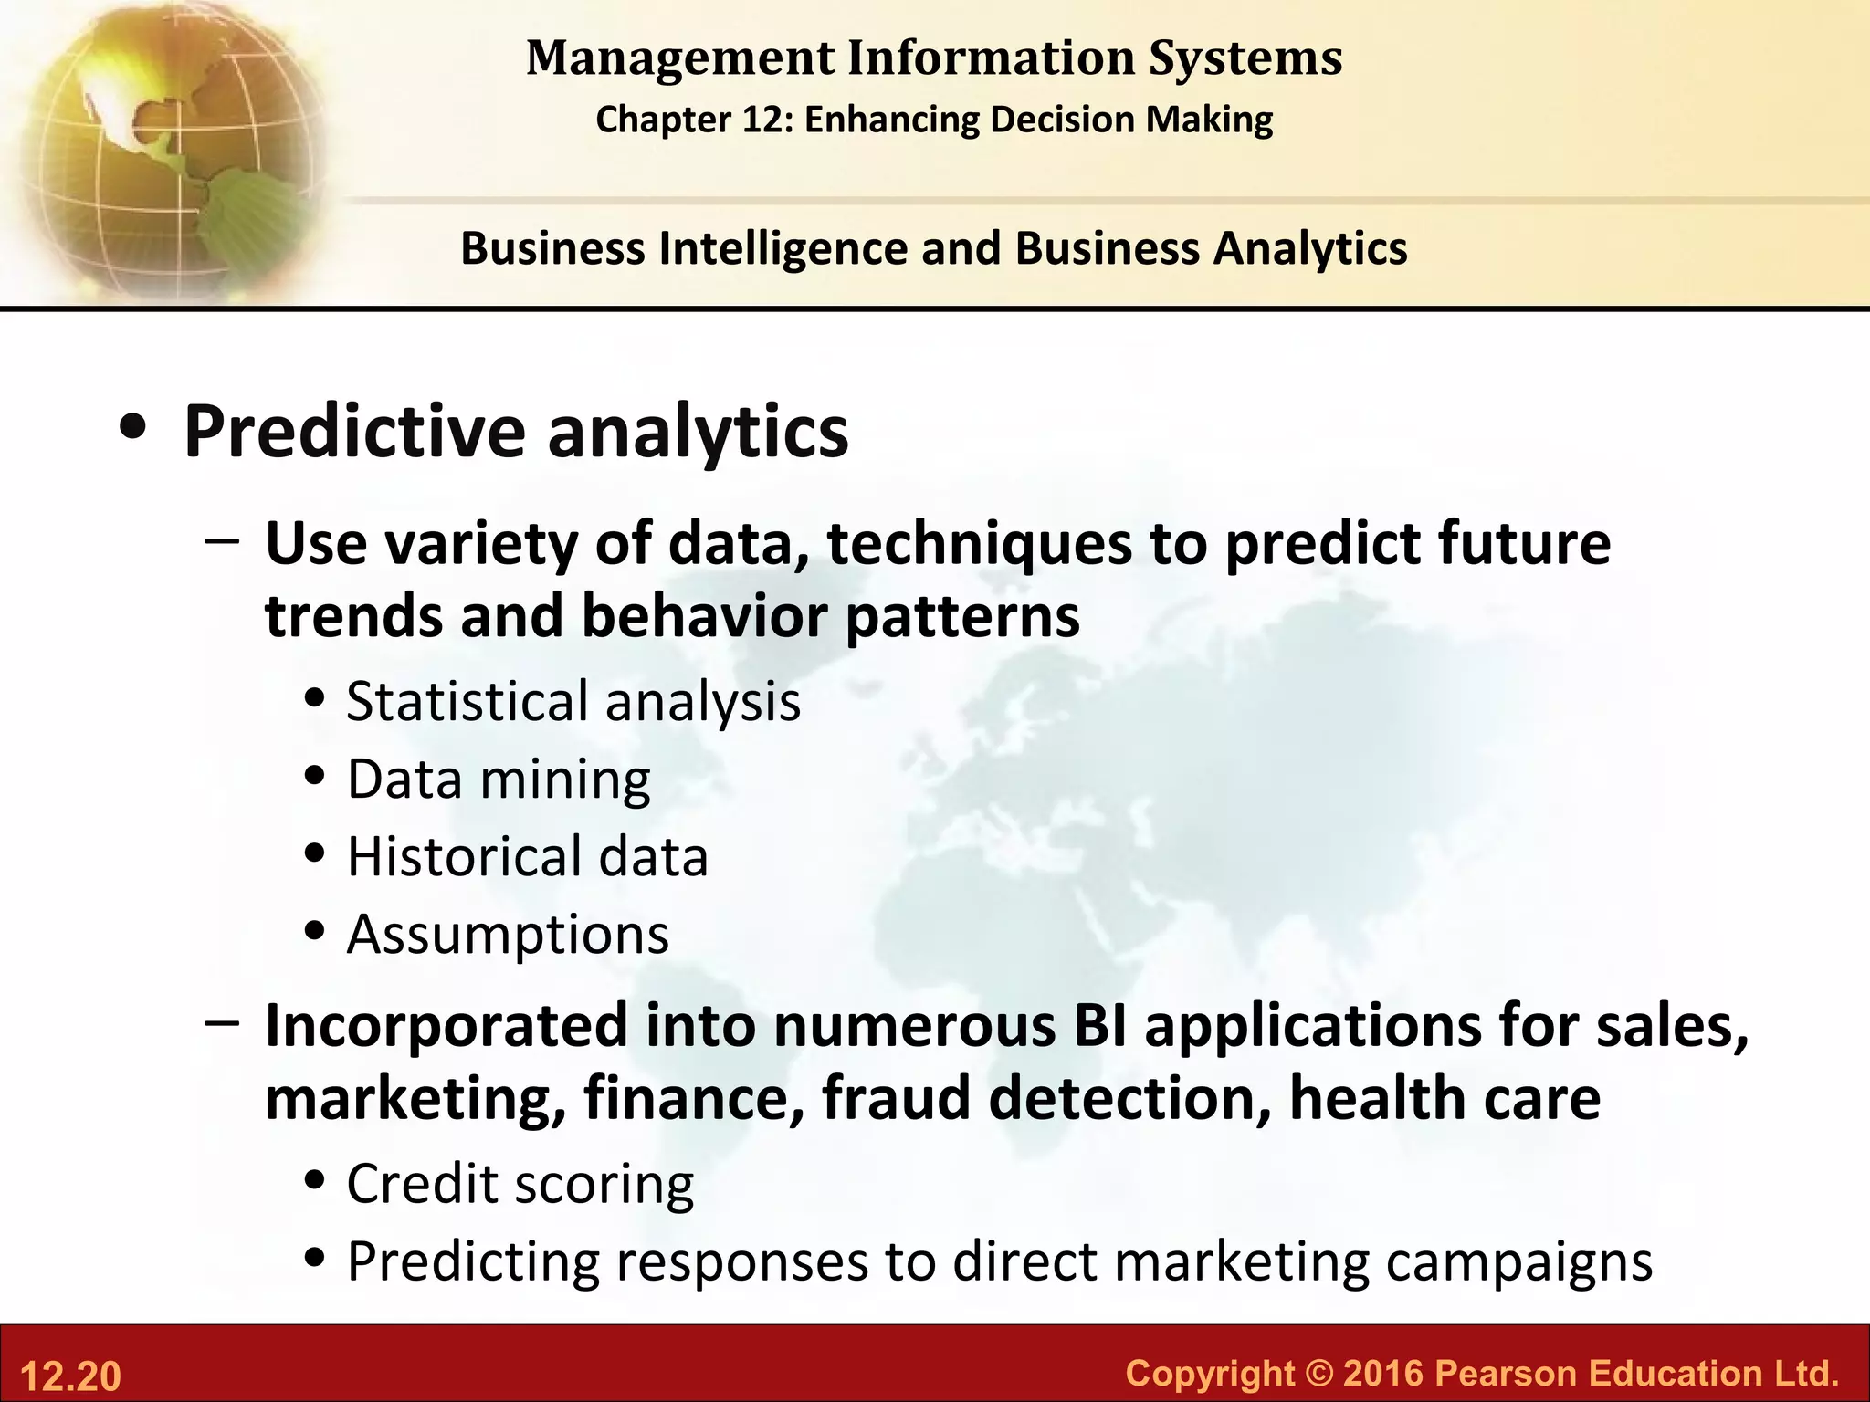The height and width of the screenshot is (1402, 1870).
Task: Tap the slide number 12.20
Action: [70, 1376]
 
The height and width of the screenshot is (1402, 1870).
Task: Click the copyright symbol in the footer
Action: [1318, 1373]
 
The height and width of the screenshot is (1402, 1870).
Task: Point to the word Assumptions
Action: [508, 935]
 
